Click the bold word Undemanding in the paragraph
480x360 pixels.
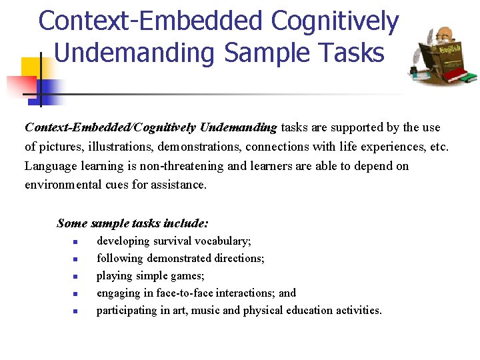[238, 127]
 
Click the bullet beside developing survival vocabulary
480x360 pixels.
[76, 242]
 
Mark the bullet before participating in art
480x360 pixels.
[76, 311]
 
